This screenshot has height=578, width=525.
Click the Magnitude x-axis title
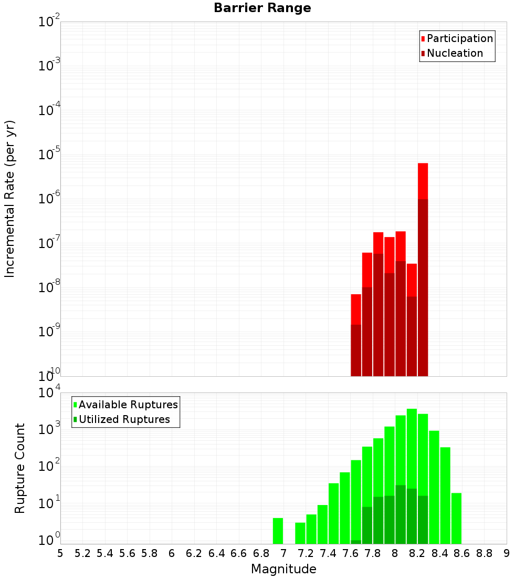tap(283, 569)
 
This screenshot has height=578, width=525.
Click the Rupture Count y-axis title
tap(20, 468)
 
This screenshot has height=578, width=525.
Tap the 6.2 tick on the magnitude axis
tap(194, 553)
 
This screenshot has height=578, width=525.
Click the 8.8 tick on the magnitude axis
tap(484, 553)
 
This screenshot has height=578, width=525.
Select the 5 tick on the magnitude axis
tap(60, 553)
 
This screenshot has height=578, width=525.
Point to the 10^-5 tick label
tap(49, 154)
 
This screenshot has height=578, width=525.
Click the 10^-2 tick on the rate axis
tap(49, 22)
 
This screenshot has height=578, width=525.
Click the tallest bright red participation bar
tap(423, 181)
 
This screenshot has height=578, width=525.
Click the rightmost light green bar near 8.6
tap(456, 518)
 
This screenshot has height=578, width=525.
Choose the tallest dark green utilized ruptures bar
tap(401, 515)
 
